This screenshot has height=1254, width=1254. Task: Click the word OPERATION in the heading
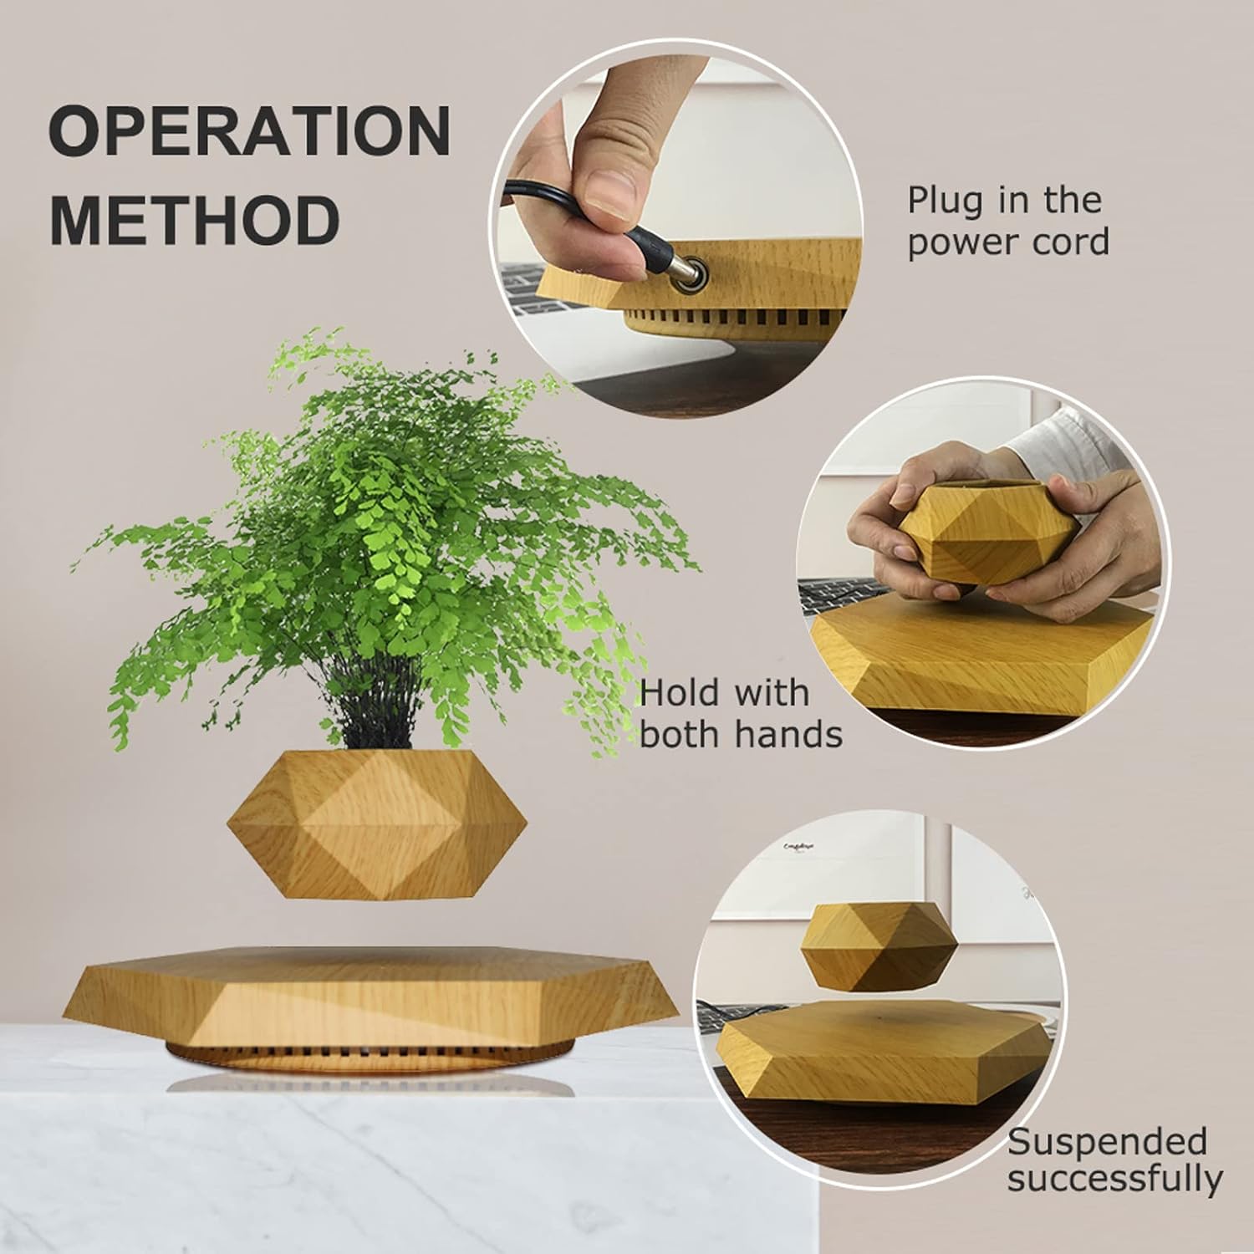click(249, 132)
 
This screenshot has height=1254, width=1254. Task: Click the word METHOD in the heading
click(195, 219)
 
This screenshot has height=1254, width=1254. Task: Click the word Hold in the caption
click(678, 693)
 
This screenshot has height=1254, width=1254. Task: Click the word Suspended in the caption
click(1107, 1141)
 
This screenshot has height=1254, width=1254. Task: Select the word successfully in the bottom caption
click(1114, 1179)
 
